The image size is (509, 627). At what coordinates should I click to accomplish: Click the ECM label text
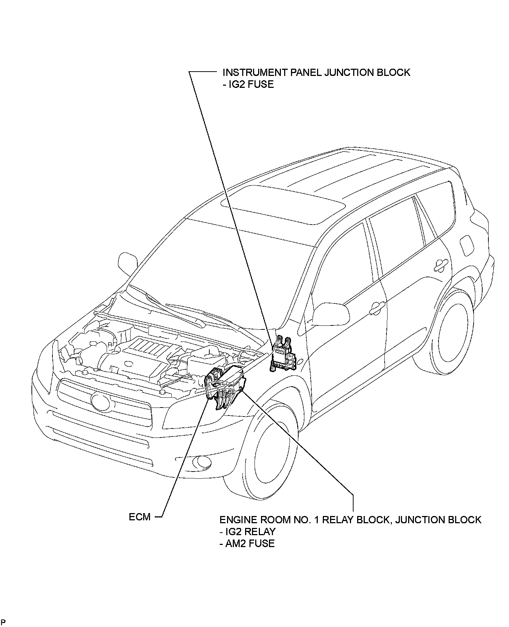(140, 517)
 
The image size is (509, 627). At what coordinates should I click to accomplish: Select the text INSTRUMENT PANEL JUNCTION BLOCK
(316, 72)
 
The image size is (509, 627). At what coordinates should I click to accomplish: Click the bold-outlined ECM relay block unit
(226, 387)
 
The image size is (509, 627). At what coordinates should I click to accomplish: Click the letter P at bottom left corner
(3, 622)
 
